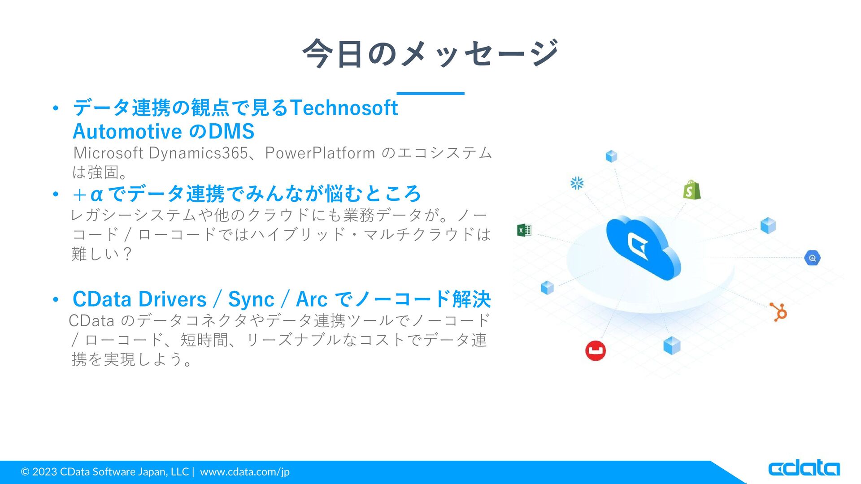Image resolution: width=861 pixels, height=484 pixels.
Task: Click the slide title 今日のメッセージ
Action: coord(430,53)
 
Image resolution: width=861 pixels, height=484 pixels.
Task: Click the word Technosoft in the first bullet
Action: coord(344,108)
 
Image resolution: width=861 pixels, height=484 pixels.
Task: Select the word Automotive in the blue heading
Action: coord(127,131)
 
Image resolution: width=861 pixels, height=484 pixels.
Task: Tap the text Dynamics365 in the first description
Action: coord(198,153)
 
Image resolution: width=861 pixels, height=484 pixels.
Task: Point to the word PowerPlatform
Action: coord(320,153)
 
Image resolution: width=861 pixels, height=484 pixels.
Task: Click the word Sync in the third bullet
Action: coord(251,299)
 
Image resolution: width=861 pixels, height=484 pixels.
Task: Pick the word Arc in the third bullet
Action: coord(312,299)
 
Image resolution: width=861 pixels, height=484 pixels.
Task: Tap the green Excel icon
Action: coord(524,230)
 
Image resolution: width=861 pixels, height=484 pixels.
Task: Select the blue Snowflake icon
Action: coord(577,183)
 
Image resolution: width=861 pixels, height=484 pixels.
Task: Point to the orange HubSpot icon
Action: coord(779,312)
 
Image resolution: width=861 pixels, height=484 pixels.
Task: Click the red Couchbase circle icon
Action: coord(596,350)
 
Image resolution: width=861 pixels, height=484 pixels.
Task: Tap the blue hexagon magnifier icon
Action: coord(812,258)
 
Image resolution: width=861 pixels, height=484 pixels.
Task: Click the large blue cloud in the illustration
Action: coord(643,247)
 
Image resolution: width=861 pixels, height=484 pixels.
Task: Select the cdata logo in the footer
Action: coord(804,468)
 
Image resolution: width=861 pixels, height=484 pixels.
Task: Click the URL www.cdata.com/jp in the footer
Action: coord(245,472)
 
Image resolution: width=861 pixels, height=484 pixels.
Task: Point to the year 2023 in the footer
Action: coord(44,471)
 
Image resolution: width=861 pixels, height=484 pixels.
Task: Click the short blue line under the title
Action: coord(430,93)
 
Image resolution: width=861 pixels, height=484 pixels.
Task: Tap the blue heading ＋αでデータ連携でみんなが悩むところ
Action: coord(246,194)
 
